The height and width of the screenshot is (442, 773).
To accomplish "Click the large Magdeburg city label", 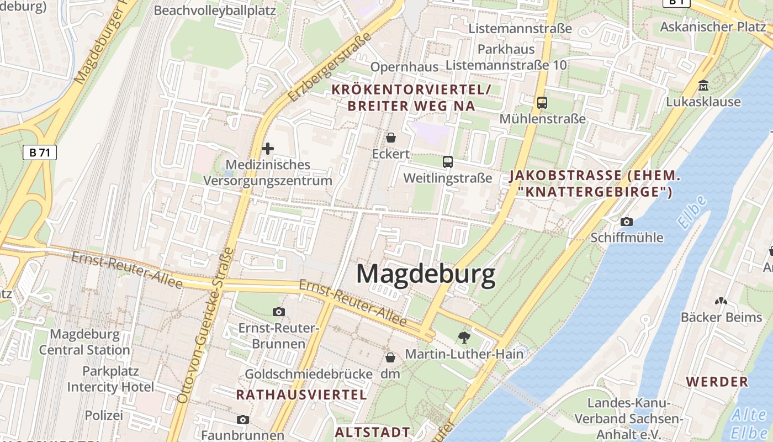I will (426, 274).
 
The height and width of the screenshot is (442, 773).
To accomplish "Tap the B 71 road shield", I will (40, 152).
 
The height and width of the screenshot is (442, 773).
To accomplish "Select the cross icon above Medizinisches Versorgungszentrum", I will (268, 149).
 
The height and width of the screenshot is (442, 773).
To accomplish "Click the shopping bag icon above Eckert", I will (391, 138).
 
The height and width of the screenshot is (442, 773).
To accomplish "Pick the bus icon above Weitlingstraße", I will (447, 162).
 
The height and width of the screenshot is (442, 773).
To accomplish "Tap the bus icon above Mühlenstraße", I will (542, 102).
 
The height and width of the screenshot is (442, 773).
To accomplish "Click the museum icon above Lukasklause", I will (703, 86).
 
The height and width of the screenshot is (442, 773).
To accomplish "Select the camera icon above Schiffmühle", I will (627, 222).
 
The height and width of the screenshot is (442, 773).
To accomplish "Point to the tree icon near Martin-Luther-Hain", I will (464, 336).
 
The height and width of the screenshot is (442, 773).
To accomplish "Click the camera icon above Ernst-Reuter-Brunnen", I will (279, 312).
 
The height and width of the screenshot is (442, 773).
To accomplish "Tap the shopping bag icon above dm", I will (390, 357).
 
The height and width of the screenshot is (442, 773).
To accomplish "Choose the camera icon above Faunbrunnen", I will (242, 419).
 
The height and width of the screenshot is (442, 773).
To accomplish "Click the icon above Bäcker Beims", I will (721, 301).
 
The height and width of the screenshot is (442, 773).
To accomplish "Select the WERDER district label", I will (717, 381).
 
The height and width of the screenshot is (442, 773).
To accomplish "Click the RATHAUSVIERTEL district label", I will (301, 394).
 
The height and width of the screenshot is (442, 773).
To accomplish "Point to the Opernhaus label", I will (404, 67).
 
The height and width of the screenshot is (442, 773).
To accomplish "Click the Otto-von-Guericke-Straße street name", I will (205, 326).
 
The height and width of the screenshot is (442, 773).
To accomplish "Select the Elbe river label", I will (693, 213).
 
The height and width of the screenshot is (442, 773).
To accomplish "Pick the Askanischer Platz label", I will (713, 27).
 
